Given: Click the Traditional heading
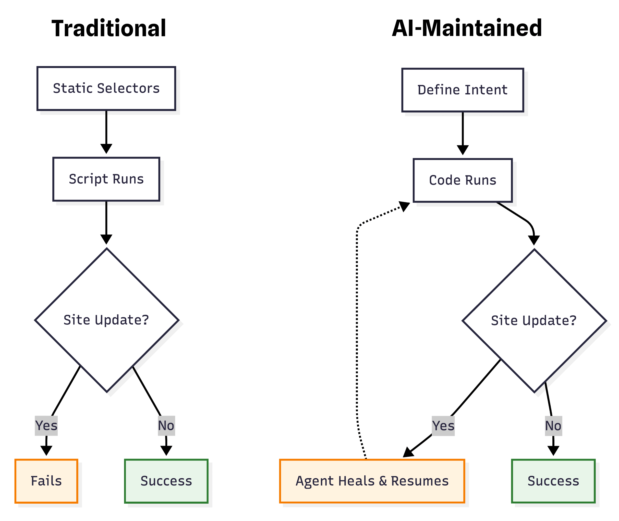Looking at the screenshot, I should [109, 28].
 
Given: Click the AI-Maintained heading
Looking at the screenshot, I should [467, 28].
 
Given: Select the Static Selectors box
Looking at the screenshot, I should [106, 89].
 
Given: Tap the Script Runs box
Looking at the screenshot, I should [106, 179].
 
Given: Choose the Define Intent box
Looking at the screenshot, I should [463, 90].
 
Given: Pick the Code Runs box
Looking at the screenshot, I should [463, 180].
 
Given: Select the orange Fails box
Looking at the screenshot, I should [46, 481].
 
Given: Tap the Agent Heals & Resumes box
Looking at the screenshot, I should [372, 481].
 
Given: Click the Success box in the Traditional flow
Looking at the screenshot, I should [166, 481].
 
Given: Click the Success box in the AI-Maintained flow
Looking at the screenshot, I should [553, 481].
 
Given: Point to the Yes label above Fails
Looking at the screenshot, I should [46, 426].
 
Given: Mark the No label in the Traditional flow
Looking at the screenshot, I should [166, 426].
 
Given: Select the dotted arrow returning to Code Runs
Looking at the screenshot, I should [357, 325].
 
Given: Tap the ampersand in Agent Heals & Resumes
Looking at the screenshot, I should [383, 481].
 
